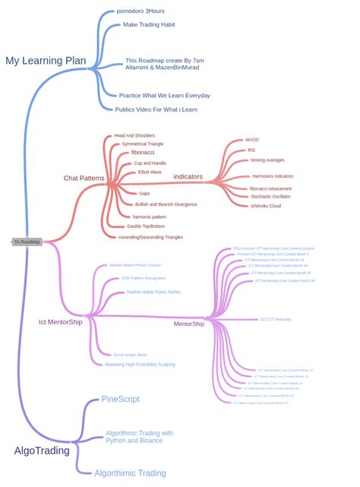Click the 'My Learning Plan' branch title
coord(46,61)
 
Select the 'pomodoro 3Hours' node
coord(141,11)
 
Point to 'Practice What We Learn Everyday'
coord(165,96)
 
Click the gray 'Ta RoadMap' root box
coord(27,242)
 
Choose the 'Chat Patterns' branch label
coord(84,178)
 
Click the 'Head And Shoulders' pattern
coord(134,136)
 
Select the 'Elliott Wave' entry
coord(149,172)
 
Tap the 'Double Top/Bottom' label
coord(146,226)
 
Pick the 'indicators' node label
coord(188,177)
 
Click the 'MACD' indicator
coord(252,140)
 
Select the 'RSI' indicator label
coord(251,150)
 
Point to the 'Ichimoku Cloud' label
coord(266,206)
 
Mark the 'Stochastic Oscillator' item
coord(270,196)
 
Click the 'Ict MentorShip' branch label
coord(61,322)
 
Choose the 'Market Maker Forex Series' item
coord(153,292)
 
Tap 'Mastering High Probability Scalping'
coord(140,365)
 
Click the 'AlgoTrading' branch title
coord(42,451)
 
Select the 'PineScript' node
coord(120,400)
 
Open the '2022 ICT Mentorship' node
coord(275,319)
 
